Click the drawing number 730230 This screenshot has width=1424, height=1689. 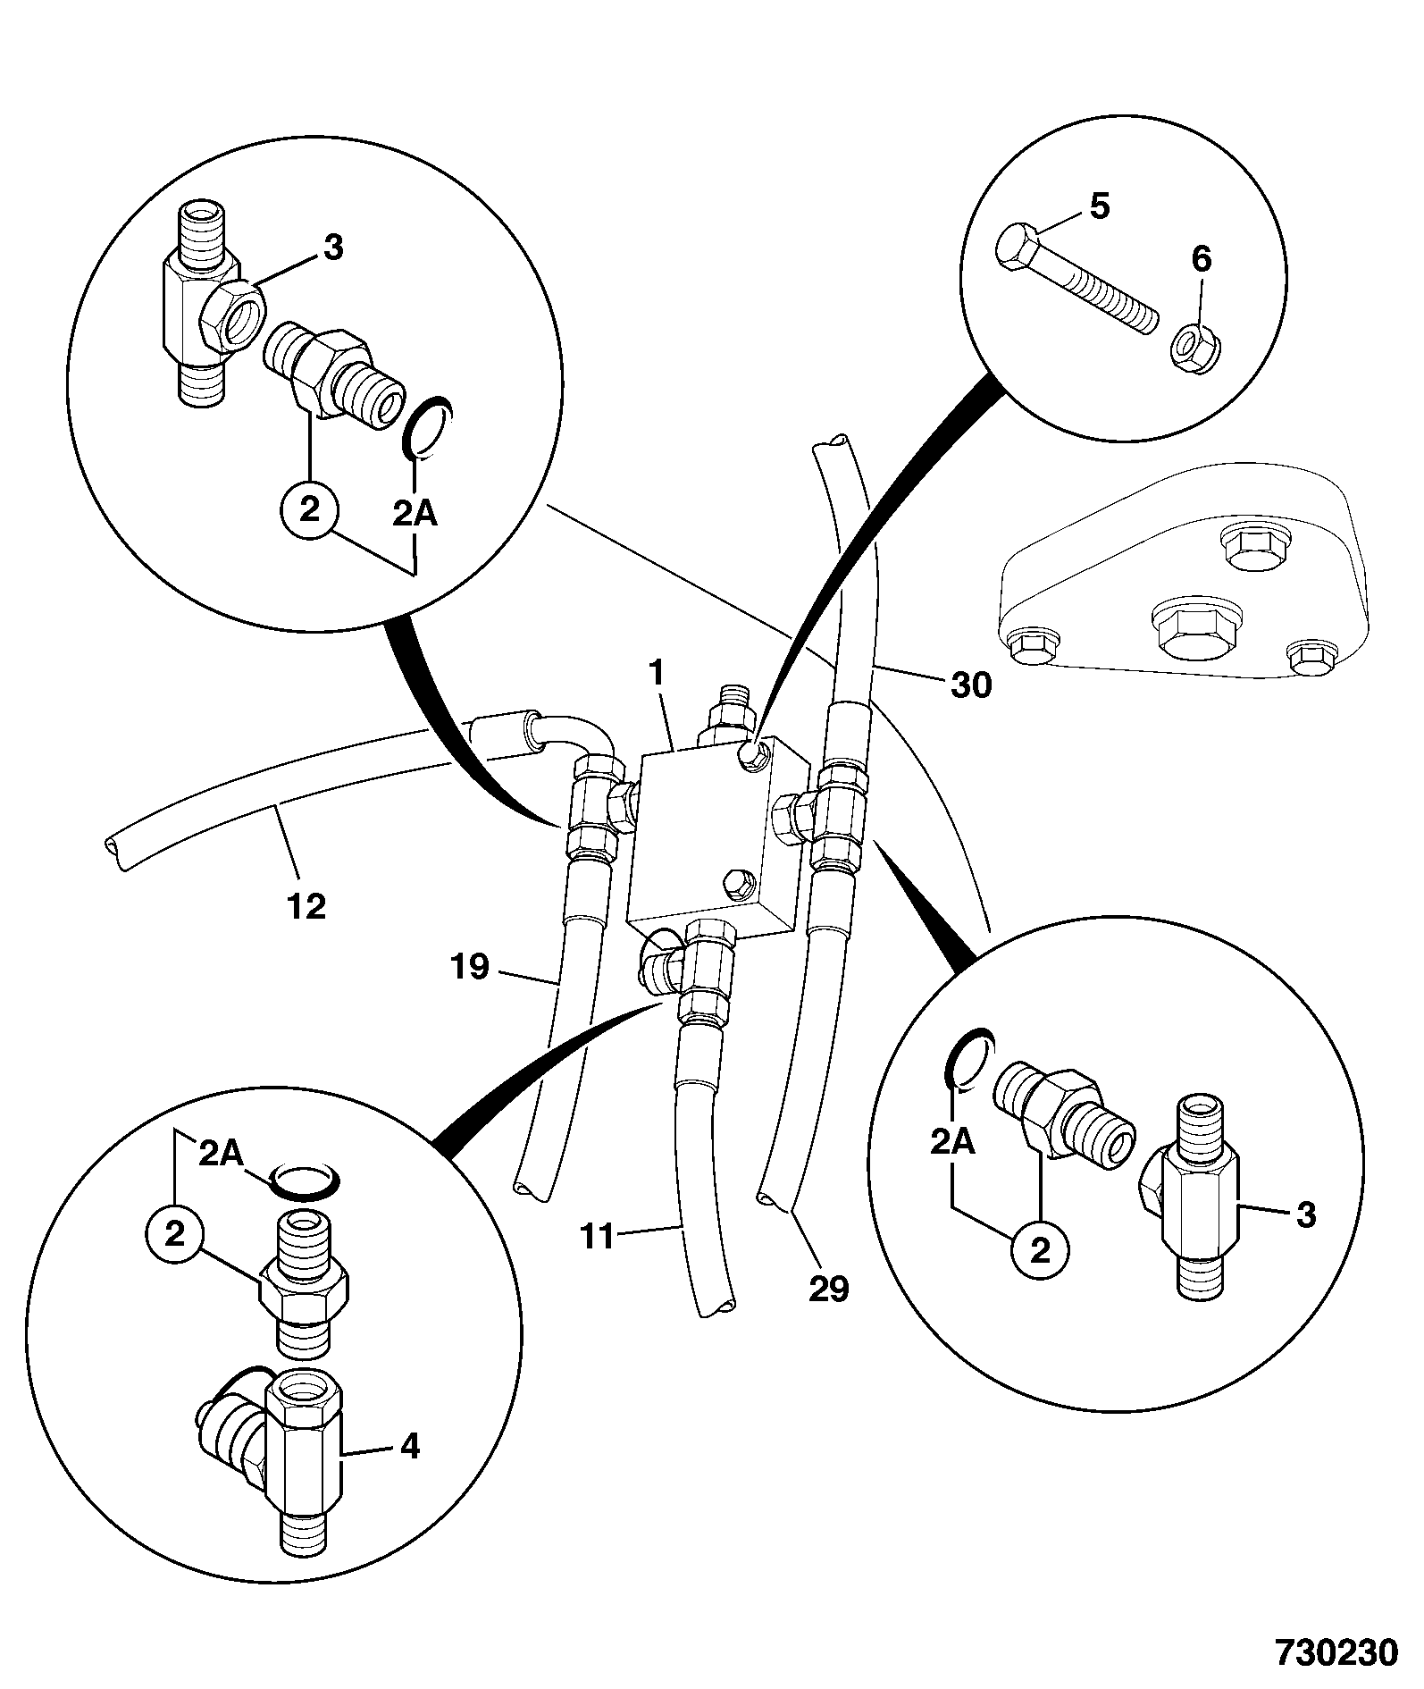1335,1651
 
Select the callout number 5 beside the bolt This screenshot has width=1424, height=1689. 1099,206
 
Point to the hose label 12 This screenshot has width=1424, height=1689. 306,906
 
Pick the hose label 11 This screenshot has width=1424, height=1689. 598,1238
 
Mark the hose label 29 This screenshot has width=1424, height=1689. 828,1289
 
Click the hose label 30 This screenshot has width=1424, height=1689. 971,685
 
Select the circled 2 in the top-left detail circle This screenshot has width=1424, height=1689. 308,510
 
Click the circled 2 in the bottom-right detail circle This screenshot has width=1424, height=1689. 1039,1250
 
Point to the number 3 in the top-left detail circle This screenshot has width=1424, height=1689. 332,248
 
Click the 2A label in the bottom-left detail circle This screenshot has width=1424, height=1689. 221,1154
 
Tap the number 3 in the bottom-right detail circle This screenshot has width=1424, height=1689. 1305,1214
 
